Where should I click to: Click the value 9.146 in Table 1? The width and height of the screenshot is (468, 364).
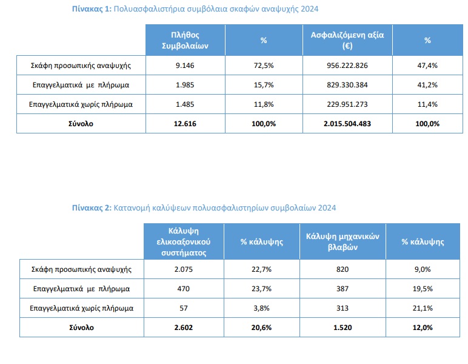(185, 64)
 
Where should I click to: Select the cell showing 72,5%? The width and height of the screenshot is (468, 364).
(264, 64)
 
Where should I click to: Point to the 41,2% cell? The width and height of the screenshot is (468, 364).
(427, 84)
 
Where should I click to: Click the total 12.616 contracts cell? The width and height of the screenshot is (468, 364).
(185, 123)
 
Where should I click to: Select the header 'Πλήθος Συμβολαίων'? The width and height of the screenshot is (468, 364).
(185, 41)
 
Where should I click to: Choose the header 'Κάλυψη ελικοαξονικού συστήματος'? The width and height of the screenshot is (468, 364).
(182, 241)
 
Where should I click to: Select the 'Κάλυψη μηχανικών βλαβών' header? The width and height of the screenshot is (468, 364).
(343, 241)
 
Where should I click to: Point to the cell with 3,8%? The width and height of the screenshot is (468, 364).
(262, 308)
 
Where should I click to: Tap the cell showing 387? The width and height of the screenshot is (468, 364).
(343, 288)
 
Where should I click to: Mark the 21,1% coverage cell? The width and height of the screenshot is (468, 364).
(423, 308)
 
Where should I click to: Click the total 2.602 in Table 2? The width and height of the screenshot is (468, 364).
(182, 327)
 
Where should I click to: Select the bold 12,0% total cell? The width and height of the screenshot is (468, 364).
(423, 327)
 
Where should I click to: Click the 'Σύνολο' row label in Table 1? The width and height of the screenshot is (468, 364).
(81, 123)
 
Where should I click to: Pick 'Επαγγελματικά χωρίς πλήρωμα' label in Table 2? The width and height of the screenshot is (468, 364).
(81, 308)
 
